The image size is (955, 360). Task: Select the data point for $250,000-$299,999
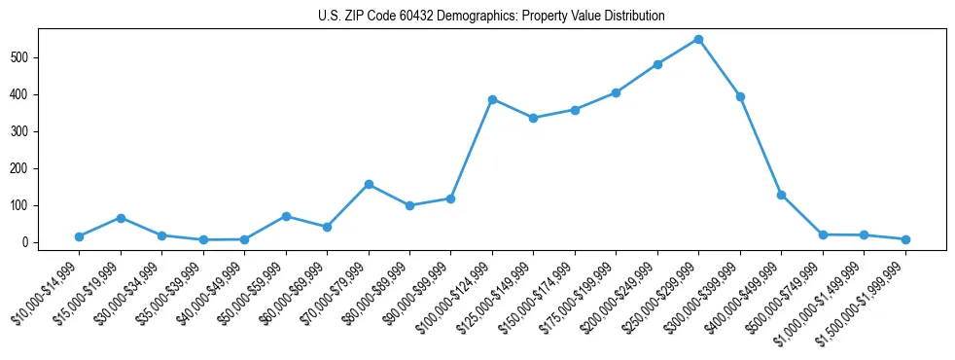698,40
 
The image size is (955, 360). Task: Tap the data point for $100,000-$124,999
492,99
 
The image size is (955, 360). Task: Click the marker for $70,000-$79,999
369,184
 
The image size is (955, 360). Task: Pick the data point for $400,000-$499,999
781,195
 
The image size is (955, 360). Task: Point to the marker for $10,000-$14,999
79,236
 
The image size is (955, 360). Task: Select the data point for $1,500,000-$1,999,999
905,239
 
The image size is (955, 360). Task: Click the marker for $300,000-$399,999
740,96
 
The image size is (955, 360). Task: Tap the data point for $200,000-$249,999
657,64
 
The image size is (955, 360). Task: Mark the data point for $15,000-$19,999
121,218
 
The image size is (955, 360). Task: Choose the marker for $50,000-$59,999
286,216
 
